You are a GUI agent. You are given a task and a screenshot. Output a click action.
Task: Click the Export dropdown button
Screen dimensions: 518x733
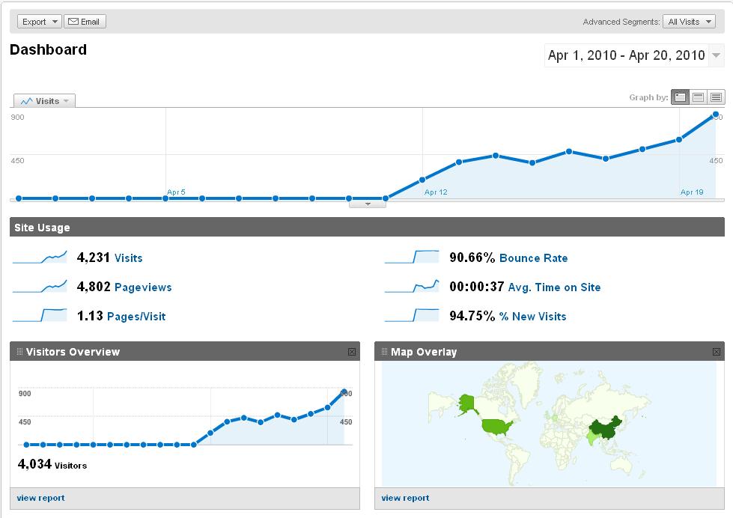click(x=39, y=22)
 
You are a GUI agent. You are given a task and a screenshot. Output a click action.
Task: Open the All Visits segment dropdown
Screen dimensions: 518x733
click(x=689, y=22)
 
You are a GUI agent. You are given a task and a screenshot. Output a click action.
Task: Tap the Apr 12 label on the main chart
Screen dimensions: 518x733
click(x=436, y=192)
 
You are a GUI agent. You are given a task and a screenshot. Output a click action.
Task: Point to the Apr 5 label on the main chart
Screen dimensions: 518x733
click(x=176, y=192)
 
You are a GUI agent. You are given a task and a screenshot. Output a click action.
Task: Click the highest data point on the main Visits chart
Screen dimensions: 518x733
click(x=716, y=115)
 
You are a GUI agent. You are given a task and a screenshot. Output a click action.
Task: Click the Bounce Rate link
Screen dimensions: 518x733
click(x=533, y=258)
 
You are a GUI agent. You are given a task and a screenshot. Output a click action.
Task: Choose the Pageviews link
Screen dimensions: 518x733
click(x=143, y=287)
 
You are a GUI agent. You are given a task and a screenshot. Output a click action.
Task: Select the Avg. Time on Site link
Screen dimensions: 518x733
click(x=554, y=287)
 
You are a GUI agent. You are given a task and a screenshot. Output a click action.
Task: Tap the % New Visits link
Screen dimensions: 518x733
click(x=532, y=317)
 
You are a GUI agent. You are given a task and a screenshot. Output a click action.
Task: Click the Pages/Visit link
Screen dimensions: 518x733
click(x=136, y=317)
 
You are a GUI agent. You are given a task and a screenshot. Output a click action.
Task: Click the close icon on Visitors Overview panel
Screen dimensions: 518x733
click(x=352, y=352)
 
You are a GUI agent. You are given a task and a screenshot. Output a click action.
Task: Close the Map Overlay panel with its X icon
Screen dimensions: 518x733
click(x=717, y=352)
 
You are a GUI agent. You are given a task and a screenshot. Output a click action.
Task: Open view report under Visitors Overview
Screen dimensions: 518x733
click(x=41, y=498)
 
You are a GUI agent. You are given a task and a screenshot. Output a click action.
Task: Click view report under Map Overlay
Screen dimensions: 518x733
click(x=405, y=498)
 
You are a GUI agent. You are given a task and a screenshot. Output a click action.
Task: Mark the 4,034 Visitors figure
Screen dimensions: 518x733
click(x=34, y=464)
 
